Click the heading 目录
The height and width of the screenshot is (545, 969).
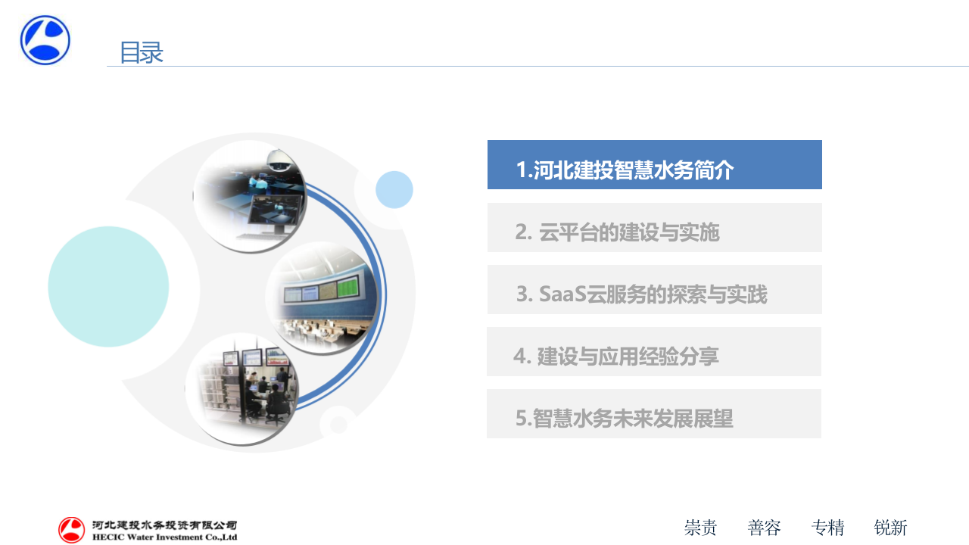coord(142,53)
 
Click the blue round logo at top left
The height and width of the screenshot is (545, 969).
coord(45,40)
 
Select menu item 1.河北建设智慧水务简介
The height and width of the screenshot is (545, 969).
coord(654,165)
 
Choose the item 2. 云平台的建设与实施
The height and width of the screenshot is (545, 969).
coord(654,228)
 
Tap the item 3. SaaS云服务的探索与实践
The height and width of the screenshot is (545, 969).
coord(654,290)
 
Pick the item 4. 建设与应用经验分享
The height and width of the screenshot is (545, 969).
coord(654,352)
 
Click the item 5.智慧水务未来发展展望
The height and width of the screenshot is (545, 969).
coord(654,414)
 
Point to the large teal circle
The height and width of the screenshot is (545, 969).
coord(108,286)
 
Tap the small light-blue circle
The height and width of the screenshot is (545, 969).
coord(394,189)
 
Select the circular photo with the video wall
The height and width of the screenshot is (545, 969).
coord(322,297)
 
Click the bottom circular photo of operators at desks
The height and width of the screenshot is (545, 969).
coord(242,388)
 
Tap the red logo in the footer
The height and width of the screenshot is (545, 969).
coord(72,530)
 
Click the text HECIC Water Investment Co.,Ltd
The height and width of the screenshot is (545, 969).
coord(164,537)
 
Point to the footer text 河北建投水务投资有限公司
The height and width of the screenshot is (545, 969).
coord(164,525)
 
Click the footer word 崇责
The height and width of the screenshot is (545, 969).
coord(700,528)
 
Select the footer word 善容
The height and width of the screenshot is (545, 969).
coord(764,528)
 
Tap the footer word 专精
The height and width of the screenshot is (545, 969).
coord(827,528)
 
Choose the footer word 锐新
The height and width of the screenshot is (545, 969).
coord(890,528)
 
